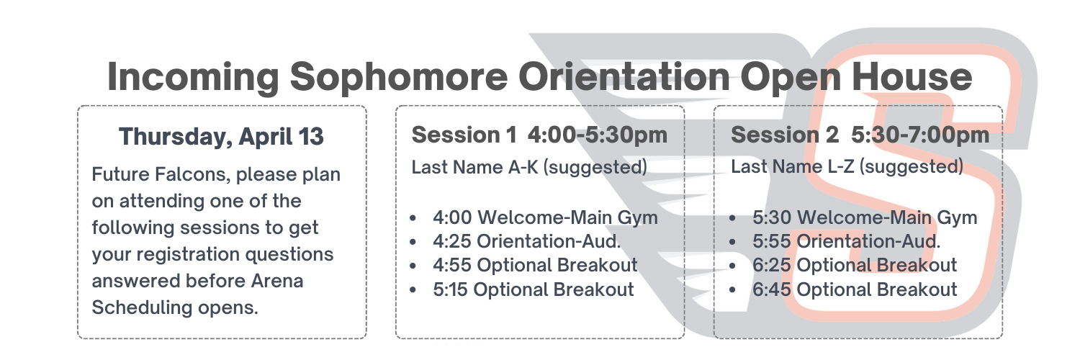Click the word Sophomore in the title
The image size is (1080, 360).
click(x=399, y=77)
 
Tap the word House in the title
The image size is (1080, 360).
click(x=912, y=76)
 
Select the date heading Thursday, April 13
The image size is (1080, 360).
click(x=221, y=137)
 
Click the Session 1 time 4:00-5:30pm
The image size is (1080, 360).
click(x=598, y=135)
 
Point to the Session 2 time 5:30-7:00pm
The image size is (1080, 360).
click(x=920, y=135)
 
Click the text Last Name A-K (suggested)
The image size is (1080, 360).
click(x=529, y=168)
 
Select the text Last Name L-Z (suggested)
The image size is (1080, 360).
click(x=847, y=167)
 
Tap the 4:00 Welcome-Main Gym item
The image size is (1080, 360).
click(x=545, y=218)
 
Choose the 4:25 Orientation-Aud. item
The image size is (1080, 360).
click(x=526, y=241)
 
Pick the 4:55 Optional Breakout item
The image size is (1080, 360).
click(x=535, y=265)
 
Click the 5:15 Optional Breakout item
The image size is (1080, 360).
click(x=534, y=289)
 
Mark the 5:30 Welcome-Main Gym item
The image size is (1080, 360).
click(x=865, y=218)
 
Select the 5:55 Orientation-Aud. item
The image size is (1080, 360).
click(x=846, y=241)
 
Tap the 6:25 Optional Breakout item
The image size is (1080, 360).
click(x=855, y=265)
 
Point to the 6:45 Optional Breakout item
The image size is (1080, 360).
click(x=855, y=289)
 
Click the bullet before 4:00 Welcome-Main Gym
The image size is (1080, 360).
click(x=413, y=218)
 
